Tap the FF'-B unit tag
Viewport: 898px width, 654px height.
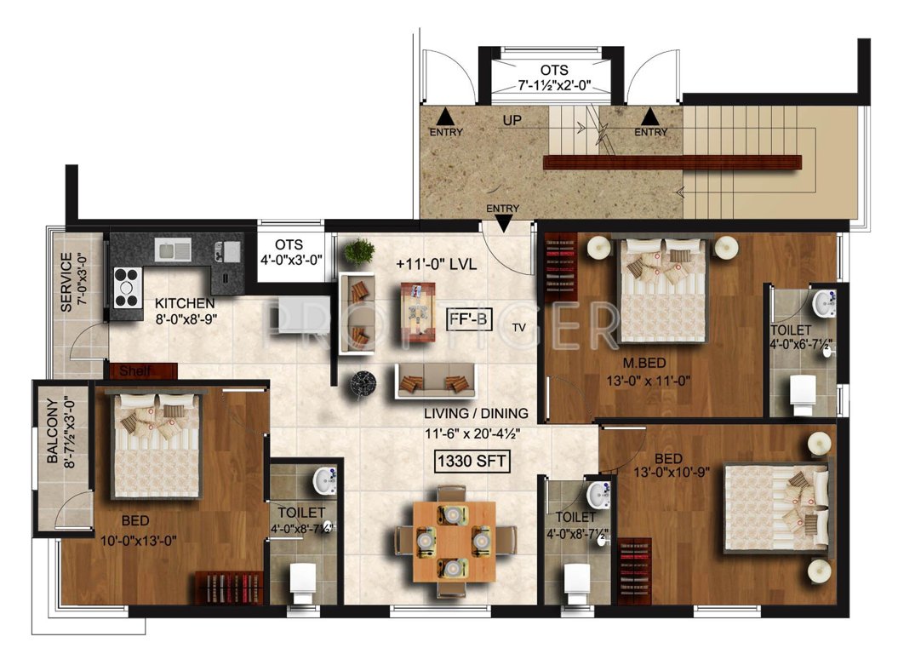click(469, 319)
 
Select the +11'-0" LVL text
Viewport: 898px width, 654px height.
click(435, 264)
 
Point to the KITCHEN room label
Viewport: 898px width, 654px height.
click(184, 303)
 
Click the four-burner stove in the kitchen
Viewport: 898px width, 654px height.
click(127, 287)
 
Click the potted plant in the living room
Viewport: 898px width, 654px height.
click(360, 252)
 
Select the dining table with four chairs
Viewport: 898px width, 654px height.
click(454, 539)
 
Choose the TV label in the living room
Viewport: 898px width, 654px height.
click(518, 327)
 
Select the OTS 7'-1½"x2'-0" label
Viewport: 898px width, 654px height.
click(554, 77)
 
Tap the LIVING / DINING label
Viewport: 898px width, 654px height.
click(477, 414)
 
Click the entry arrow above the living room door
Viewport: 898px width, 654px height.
click(503, 223)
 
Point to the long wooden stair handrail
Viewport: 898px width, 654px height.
click(672, 162)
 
